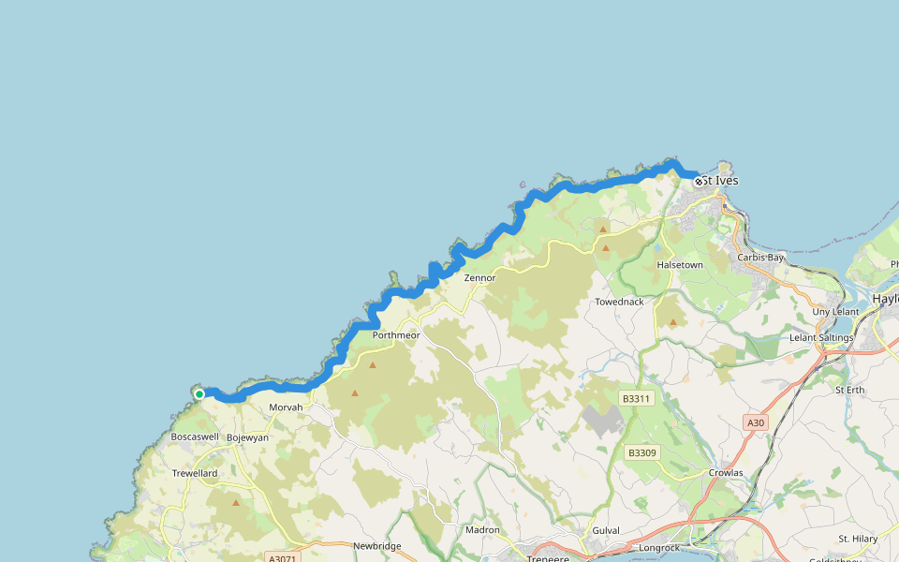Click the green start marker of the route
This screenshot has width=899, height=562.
[199, 394]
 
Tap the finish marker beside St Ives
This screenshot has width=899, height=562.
[699, 181]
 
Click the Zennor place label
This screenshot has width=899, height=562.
[479, 278]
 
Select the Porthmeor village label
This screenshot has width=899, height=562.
[396, 335]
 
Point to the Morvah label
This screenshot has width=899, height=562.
[286, 408]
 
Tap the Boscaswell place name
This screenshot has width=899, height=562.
[195, 437]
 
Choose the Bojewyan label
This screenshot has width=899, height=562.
[247, 437]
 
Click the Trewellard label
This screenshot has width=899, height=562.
[195, 474]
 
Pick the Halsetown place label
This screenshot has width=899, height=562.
[680, 265]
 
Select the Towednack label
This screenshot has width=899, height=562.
[619, 303]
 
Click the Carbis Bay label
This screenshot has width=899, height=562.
[760, 258]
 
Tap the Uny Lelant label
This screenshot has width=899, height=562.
[835, 312]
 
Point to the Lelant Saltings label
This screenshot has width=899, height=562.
[821, 337]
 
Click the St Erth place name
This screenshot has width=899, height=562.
[849, 390]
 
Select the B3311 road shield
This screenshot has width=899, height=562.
[636, 399]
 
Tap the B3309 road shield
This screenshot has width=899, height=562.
[642, 453]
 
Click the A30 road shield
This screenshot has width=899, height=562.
[756, 423]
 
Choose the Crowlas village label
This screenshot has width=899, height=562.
[726, 473]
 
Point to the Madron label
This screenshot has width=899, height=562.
[482, 530]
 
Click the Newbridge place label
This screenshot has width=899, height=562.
[376, 546]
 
